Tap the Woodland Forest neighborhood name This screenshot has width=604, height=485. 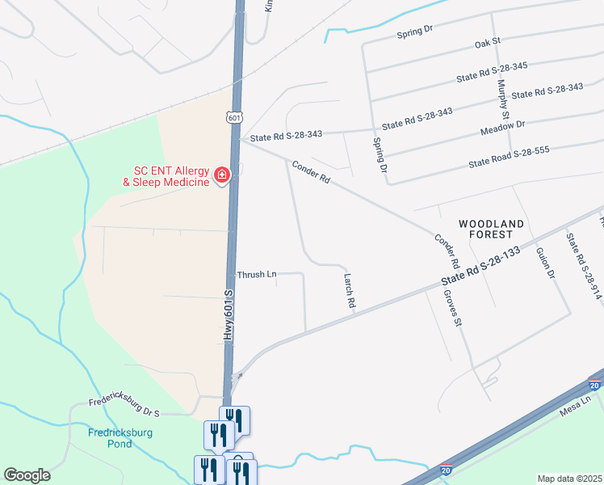(491, 228)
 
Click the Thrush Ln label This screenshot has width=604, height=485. (257, 275)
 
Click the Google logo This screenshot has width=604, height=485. (27, 474)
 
